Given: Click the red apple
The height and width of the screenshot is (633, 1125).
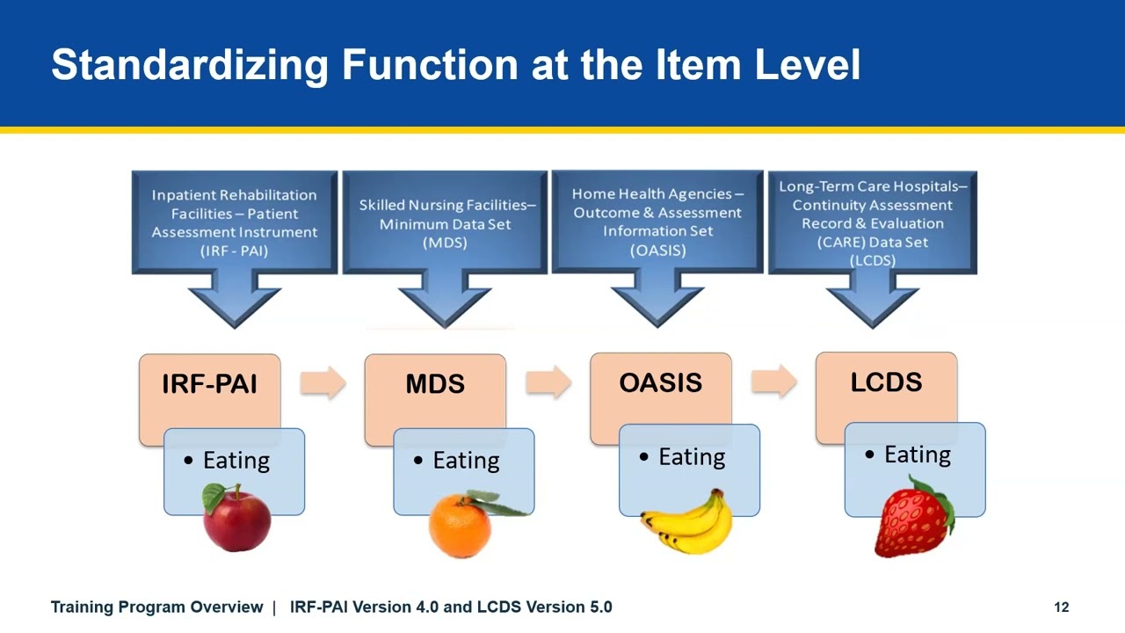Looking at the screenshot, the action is pyautogui.click(x=236, y=518).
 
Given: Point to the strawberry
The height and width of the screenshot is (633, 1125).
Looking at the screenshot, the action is pyautogui.click(x=913, y=518).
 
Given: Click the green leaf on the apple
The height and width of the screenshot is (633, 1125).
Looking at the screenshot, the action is pyautogui.click(x=214, y=498).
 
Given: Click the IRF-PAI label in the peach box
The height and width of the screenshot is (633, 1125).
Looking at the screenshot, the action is pyautogui.click(x=209, y=384).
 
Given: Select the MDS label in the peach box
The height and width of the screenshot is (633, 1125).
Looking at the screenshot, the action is pyautogui.click(x=435, y=384).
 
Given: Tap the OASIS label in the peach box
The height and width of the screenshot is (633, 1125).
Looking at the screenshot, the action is pyautogui.click(x=660, y=382).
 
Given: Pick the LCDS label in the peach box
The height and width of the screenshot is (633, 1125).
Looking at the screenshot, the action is pyautogui.click(x=886, y=382).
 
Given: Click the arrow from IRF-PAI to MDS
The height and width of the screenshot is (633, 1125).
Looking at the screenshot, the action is pyautogui.click(x=323, y=382).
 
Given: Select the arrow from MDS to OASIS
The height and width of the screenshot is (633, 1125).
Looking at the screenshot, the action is pyautogui.click(x=548, y=382).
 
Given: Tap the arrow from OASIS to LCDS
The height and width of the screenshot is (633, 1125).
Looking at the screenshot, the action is pyautogui.click(x=774, y=382).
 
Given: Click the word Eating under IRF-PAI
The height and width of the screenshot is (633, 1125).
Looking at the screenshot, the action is pyautogui.click(x=236, y=461).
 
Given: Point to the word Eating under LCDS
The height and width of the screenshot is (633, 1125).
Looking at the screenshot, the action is pyautogui.click(x=918, y=455).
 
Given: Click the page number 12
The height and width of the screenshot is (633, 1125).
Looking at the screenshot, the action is pyautogui.click(x=1061, y=608).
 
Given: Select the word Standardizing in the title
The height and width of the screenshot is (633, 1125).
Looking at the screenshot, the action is pyautogui.click(x=190, y=66).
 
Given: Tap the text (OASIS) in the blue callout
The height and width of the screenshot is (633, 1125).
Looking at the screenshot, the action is pyautogui.click(x=658, y=251).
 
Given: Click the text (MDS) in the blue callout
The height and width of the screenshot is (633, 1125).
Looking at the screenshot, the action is pyautogui.click(x=445, y=244).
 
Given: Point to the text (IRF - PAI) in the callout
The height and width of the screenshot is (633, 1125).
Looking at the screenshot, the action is pyautogui.click(x=234, y=251).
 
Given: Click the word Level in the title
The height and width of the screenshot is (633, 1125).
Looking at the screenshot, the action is pyautogui.click(x=808, y=64).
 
